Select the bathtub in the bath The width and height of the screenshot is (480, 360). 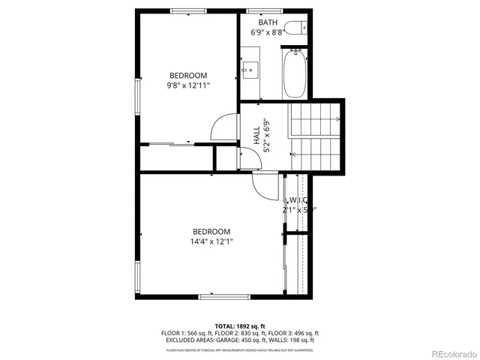coord(295,73)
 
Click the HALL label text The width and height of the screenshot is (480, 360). coord(256,136)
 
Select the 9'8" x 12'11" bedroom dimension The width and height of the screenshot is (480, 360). coord(188,85)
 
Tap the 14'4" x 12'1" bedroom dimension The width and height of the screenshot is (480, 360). coord(211,241)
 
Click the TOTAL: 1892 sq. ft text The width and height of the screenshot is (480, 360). coord(240,325)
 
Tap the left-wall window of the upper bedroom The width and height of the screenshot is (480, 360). coord(137,97)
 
